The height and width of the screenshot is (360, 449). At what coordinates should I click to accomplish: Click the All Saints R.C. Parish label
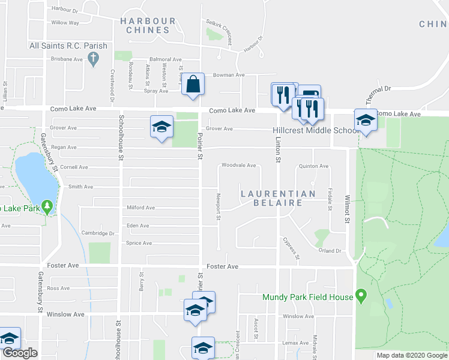[68, 46]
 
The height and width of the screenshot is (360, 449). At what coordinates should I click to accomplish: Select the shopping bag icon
[193, 86]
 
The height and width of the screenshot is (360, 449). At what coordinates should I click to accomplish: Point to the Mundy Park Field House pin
[360, 295]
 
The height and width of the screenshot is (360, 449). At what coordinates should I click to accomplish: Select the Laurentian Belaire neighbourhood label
[279, 199]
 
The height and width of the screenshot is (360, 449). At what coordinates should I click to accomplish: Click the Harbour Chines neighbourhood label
[148, 25]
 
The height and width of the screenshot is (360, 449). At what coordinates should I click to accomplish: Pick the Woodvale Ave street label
[239, 165]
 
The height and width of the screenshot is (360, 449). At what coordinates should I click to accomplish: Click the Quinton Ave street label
[314, 166]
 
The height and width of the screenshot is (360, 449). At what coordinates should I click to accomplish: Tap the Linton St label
[279, 151]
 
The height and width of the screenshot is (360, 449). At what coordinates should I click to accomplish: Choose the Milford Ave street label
[141, 208]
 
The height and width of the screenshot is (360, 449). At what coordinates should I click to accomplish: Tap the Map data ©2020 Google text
[412, 355]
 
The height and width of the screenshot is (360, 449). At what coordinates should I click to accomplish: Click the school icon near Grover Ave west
[161, 127]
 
